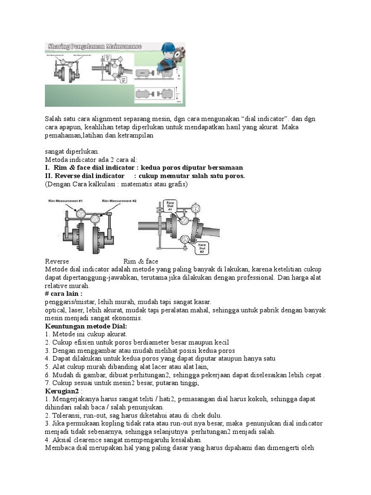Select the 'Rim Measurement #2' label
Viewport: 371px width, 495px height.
coord(119,200)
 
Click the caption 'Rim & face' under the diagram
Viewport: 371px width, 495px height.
coord(141,261)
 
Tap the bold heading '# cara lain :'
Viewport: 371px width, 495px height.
coord(63,293)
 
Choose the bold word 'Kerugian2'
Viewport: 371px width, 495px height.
coord(62,391)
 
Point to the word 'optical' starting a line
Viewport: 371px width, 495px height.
coord(55,310)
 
